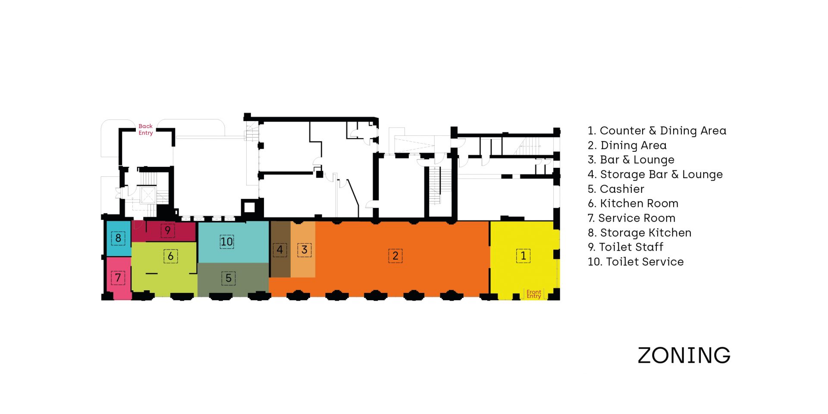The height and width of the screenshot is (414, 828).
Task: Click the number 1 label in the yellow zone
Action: [x=523, y=256]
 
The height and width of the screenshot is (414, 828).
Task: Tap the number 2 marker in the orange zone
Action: [x=395, y=256]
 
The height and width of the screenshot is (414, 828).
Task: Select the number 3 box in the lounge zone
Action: [x=304, y=250]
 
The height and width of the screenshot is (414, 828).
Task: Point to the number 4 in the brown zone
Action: [x=280, y=250]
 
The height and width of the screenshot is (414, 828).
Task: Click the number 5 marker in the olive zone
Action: [x=229, y=278]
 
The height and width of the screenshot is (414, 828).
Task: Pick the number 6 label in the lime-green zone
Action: [x=171, y=256]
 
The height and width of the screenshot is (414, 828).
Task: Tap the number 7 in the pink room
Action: [x=118, y=277]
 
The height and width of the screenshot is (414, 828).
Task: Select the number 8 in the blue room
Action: [x=118, y=238]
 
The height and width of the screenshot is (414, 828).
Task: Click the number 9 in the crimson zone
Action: [x=168, y=230]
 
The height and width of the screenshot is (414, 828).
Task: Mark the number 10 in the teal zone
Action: [x=227, y=241]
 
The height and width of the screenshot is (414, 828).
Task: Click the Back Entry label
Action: [x=146, y=129]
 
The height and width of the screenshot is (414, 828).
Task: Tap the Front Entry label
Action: [x=534, y=294]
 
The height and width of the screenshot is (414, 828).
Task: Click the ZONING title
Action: [x=684, y=355]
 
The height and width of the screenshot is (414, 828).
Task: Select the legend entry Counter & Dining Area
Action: [x=657, y=131]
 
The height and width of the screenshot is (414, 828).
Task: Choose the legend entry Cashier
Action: [x=616, y=189]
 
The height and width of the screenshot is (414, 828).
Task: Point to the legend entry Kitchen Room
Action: [x=633, y=204]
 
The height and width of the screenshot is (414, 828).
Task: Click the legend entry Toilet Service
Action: [x=636, y=262]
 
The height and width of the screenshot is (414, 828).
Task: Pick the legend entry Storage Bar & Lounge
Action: [x=655, y=175]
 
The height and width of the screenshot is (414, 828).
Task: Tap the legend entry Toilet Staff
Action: [x=625, y=247]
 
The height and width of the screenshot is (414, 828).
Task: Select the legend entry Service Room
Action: [x=631, y=218]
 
